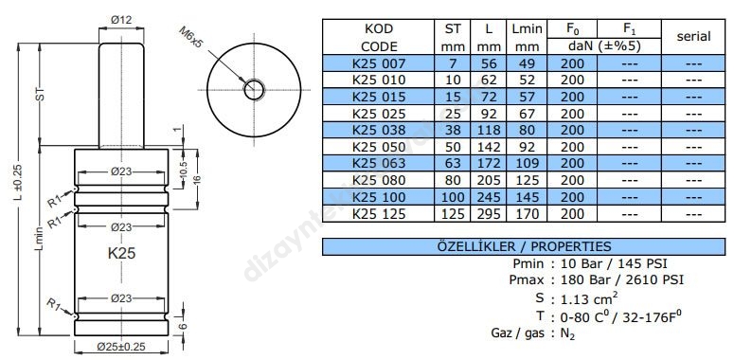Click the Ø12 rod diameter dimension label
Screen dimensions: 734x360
pos(121,20)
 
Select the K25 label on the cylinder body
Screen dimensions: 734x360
pos(122,253)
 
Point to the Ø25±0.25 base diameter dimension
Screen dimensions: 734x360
pos(121,347)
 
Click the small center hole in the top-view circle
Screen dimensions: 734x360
pos(254,89)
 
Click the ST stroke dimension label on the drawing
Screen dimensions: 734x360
pos(40,95)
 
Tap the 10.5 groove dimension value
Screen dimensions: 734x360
pos(184,169)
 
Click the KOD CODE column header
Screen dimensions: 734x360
pos(379,38)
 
